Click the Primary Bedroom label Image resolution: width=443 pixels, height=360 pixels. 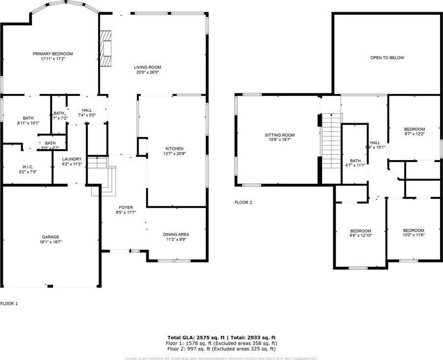53,54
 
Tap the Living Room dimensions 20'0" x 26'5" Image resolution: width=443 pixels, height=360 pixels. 147,72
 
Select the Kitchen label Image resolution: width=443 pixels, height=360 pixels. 174,149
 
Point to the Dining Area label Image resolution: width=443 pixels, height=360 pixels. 176,234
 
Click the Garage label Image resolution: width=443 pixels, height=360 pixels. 50,236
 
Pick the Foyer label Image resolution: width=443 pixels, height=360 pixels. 126,207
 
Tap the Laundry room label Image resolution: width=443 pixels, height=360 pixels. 71,159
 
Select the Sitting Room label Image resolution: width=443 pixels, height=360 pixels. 279,135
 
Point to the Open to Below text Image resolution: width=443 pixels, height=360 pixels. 387,58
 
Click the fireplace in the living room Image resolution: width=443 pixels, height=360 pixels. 105,47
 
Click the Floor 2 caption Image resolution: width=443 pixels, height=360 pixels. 243,202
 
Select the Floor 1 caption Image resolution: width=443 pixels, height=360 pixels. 9,303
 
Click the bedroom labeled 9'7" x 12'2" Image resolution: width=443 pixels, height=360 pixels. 414,129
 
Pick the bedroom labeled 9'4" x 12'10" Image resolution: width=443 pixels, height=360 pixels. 361,231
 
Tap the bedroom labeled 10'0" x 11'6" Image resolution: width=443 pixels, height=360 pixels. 413,230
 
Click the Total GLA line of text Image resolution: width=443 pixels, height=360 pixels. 221,337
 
